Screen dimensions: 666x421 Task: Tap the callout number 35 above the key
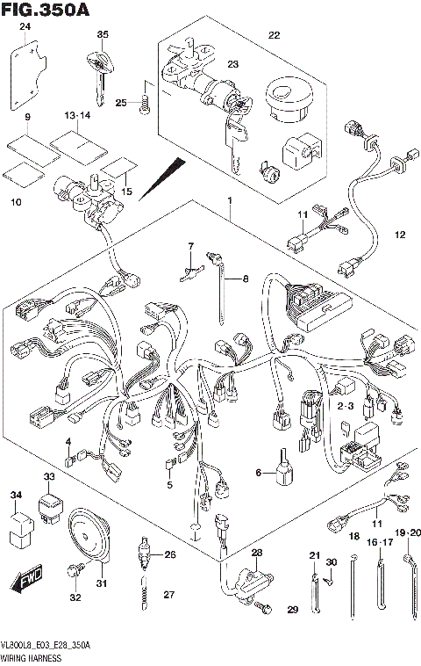(102, 34)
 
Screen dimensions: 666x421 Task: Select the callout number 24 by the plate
(25, 29)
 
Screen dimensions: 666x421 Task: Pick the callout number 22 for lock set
(274, 35)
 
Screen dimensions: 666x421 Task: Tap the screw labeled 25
(146, 105)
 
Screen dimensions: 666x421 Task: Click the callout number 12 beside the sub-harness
(400, 235)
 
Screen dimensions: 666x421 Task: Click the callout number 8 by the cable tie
(245, 279)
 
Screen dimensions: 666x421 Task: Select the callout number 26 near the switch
(170, 554)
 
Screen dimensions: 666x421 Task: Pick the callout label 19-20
(408, 532)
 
